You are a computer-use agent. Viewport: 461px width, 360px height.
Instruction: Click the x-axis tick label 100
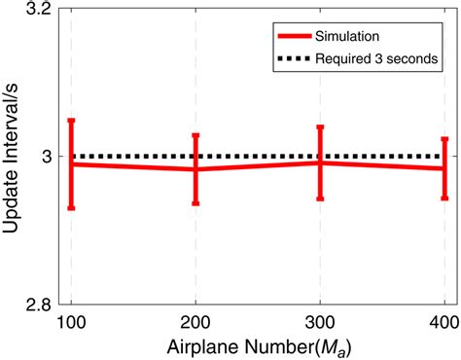pyautogui.click(x=71, y=321)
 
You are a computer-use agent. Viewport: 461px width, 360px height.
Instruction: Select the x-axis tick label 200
pyautogui.click(x=195, y=321)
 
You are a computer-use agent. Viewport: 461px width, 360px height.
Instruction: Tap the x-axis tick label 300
pyautogui.click(x=320, y=321)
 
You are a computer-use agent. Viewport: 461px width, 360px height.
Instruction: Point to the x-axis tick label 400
pyautogui.click(x=443, y=321)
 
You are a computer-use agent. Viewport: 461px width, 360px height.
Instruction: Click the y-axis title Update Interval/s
pyautogui.click(x=14, y=157)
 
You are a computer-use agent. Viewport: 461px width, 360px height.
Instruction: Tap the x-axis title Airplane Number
pyautogui.click(x=257, y=345)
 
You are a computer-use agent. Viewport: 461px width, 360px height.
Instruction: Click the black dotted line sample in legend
pyautogui.click(x=295, y=59)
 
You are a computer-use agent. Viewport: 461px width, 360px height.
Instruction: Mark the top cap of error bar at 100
pyautogui.click(x=71, y=120)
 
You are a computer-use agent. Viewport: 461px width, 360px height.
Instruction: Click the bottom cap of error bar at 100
pyautogui.click(x=71, y=208)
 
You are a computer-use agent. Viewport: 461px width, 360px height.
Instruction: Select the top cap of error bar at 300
pyautogui.click(x=320, y=126)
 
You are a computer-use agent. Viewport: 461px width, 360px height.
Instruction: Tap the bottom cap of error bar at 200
pyautogui.click(x=195, y=203)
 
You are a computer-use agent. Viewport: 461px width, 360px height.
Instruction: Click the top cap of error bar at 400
pyautogui.click(x=444, y=138)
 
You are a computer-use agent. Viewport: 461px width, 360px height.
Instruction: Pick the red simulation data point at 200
pyautogui.click(x=195, y=169)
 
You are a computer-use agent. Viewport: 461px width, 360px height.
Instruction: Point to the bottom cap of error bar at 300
pyautogui.click(x=320, y=198)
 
